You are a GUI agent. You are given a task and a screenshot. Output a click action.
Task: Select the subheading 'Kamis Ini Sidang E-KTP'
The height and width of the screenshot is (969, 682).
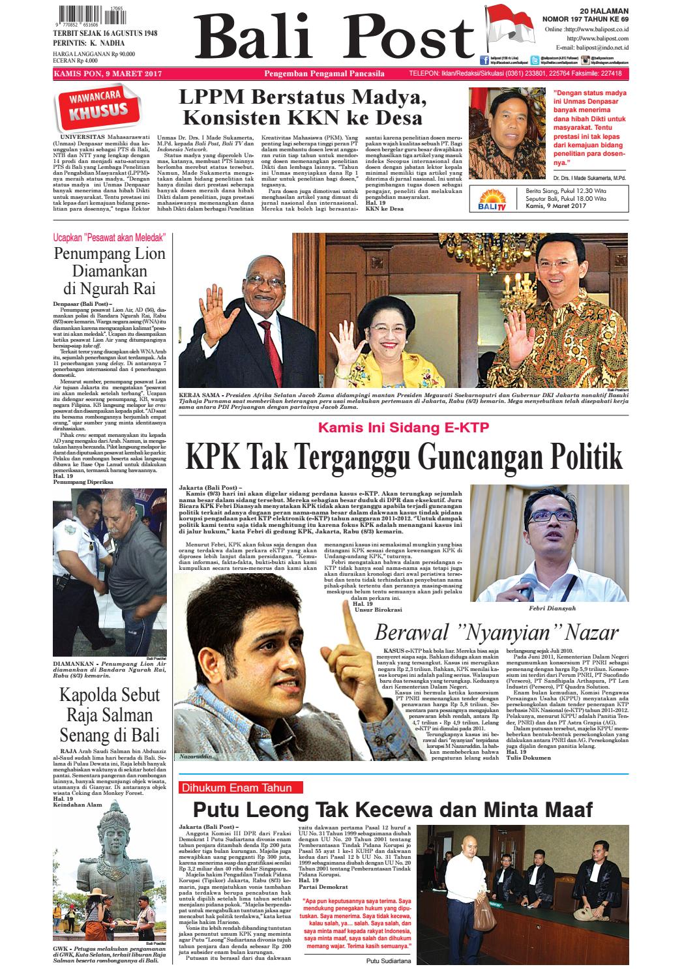point(403,428)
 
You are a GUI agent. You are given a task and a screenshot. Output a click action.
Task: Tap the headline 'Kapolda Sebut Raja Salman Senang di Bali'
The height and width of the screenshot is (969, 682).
point(110,714)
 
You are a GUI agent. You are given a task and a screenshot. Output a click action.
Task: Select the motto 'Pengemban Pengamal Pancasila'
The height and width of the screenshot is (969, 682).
point(323,74)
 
